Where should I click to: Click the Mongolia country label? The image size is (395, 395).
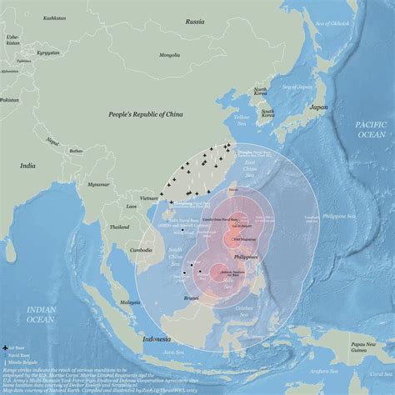(x=169, y=55)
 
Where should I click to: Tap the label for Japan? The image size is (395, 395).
(x=318, y=107)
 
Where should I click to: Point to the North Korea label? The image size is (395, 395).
(x=261, y=92)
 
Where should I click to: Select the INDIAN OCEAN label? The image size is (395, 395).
(x=42, y=314)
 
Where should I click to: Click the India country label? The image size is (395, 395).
(x=27, y=166)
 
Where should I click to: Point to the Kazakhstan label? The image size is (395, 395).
(x=31, y=17)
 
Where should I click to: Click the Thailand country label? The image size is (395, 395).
(x=119, y=227)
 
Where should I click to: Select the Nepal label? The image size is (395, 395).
(x=52, y=140)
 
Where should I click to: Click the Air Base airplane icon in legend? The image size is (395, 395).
(x=7, y=346)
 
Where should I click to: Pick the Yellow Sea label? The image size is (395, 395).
(x=242, y=118)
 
